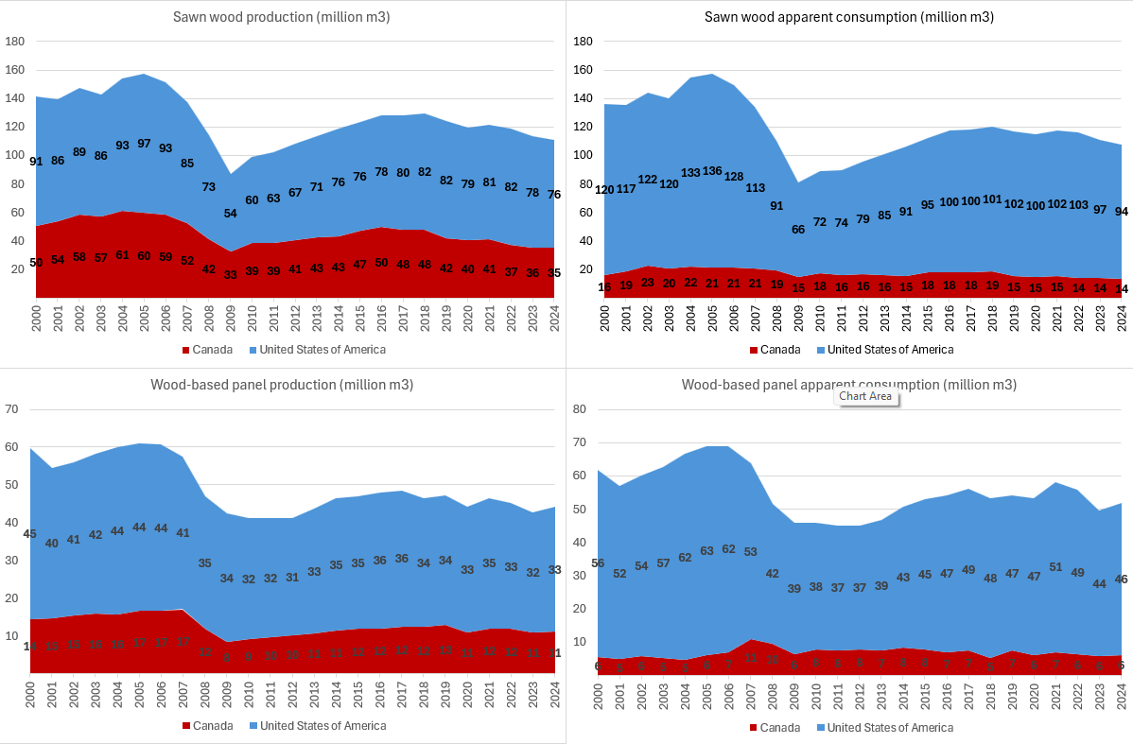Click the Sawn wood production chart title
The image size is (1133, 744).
click(282, 17)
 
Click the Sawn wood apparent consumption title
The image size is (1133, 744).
click(849, 17)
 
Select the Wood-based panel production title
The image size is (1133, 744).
click(282, 385)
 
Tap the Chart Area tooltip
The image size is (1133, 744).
click(865, 396)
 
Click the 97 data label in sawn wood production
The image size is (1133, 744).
click(143, 143)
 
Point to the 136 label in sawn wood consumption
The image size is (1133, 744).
click(710, 171)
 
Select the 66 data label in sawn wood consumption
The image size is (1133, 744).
click(799, 229)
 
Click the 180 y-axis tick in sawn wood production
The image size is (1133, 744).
click(14, 42)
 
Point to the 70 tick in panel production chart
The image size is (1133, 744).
click(12, 409)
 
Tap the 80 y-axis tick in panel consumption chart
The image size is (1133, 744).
click(581, 409)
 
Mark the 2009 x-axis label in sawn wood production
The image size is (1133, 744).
click(233, 319)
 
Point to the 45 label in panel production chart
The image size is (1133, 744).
click(29, 533)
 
